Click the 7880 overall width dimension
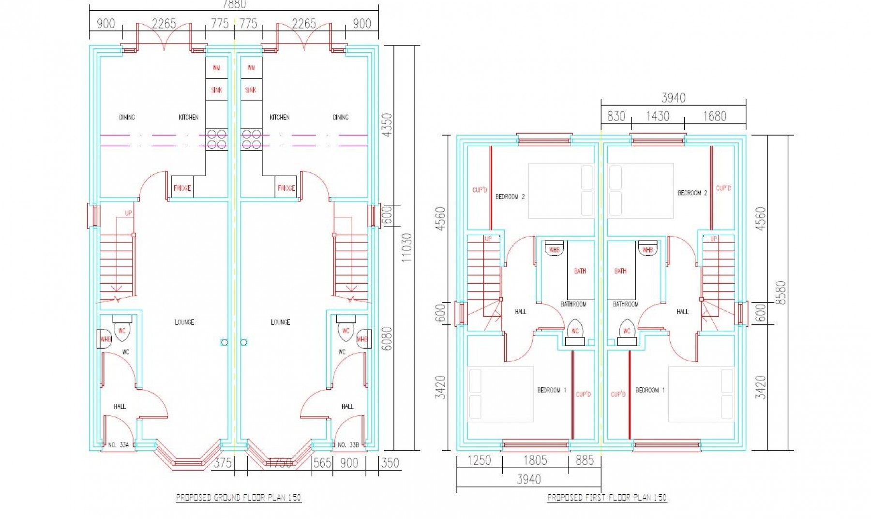[234, 4]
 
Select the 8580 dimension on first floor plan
[781, 292]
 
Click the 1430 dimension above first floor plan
[657, 116]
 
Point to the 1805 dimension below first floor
[535, 460]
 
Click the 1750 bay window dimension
[280, 463]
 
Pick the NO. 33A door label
[118, 444]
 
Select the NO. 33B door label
[347, 444]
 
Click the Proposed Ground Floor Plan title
[239, 497]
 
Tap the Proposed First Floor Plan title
[607, 497]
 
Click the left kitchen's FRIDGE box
[182, 187]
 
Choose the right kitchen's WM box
[251, 68]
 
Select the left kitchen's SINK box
[216, 90]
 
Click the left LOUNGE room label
[184, 322]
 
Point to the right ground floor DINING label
[341, 117]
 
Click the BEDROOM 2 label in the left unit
[510, 197]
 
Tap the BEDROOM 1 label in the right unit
[650, 390]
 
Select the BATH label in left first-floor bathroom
[580, 271]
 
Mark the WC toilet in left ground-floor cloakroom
[121, 331]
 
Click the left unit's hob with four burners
[216, 139]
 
